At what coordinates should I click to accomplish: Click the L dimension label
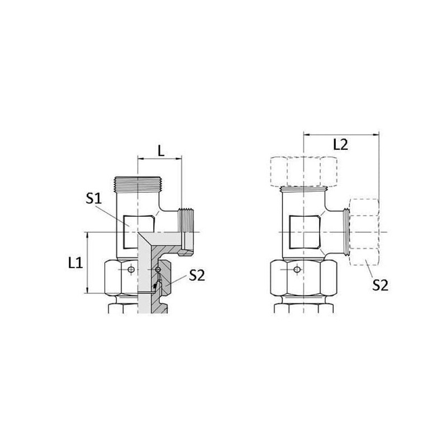pos(161,151)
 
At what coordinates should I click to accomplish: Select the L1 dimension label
pos(75,263)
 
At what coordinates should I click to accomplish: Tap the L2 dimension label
pos(341,145)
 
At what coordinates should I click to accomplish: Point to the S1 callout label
pos(94,198)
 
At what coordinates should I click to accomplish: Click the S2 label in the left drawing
pos(197,275)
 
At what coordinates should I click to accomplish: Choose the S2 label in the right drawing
pos(381,285)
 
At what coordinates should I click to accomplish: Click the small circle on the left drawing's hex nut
pos(131,269)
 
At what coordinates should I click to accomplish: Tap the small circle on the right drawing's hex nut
pos(297,269)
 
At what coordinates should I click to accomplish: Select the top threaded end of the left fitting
pos(137,184)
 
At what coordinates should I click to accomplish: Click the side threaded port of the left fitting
pos(186,221)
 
